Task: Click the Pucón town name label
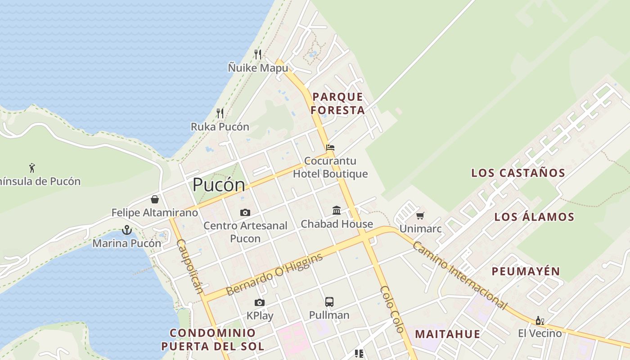tap(219, 185)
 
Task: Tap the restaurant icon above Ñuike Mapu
tap(258, 54)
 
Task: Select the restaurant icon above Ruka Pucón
tap(220, 113)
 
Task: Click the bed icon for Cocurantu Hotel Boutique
tap(330, 147)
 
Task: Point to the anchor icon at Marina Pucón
tap(127, 230)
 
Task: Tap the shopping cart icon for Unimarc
tap(420, 216)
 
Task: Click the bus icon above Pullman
tap(329, 301)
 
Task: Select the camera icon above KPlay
tap(260, 302)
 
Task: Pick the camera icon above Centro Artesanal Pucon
tap(245, 212)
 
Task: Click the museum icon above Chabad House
tap(337, 210)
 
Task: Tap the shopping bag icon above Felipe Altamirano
tap(155, 199)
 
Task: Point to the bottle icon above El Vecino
tap(540, 320)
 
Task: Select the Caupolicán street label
tap(190, 266)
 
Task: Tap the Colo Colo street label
tap(392, 309)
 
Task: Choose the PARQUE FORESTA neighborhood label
tap(338, 103)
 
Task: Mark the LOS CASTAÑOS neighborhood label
tap(518, 173)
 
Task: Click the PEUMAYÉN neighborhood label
tap(526, 271)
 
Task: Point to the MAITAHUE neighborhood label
tap(447, 334)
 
